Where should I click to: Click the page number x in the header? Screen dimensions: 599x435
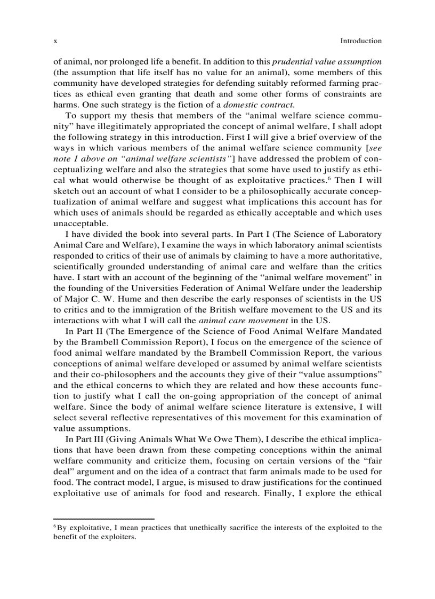coord(55,41)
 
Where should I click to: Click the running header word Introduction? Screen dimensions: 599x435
coord(361,41)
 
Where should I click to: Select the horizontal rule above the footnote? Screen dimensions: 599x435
coord(104,518)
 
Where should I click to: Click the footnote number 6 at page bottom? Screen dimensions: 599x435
coord(55,526)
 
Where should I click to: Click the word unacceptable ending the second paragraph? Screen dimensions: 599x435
coord(76,223)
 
